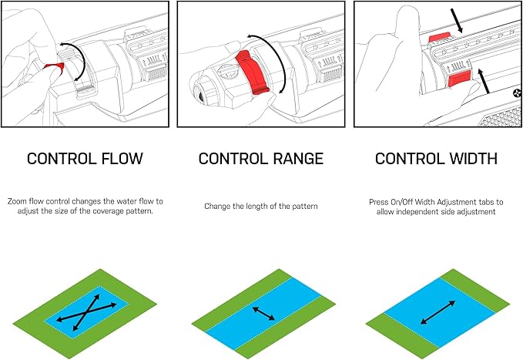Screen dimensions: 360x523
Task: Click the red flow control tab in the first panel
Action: [54, 69]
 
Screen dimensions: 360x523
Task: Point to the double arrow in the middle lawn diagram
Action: [263, 312]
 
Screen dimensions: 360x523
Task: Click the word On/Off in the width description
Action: [404, 201]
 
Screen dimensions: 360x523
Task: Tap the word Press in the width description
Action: [378, 201]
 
